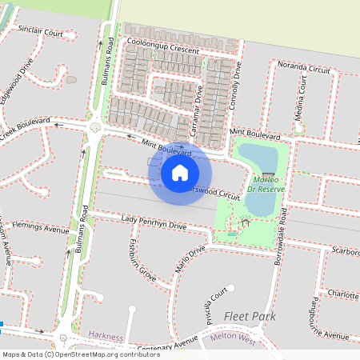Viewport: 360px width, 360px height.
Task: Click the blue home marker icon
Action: click(x=180, y=172)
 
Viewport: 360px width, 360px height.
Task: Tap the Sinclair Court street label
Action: click(x=41, y=33)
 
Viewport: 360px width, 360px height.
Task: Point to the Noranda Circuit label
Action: click(x=303, y=68)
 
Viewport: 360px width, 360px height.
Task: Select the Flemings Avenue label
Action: click(x=40, y=230)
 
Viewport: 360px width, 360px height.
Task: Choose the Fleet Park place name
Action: click(x=250, y=318)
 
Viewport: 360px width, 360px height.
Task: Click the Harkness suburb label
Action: click(x=106, y=337)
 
